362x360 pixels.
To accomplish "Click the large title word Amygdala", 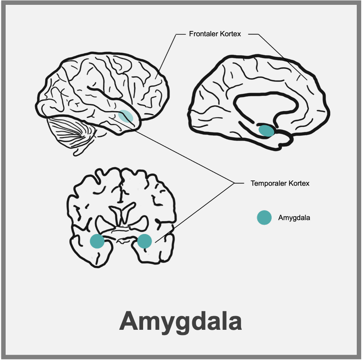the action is click(181, 321).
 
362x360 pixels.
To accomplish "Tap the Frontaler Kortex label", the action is click(215, 34).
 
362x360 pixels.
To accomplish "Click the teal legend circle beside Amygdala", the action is click(264, 217).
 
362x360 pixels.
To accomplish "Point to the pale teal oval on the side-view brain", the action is click(125, 116).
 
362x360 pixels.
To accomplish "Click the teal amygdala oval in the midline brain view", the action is click(266, 130).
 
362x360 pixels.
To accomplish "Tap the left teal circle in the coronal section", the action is click(97, 241).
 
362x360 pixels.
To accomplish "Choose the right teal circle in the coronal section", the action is click(144, 241).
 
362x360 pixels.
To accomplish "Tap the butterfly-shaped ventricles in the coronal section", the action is click(121, 213).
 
